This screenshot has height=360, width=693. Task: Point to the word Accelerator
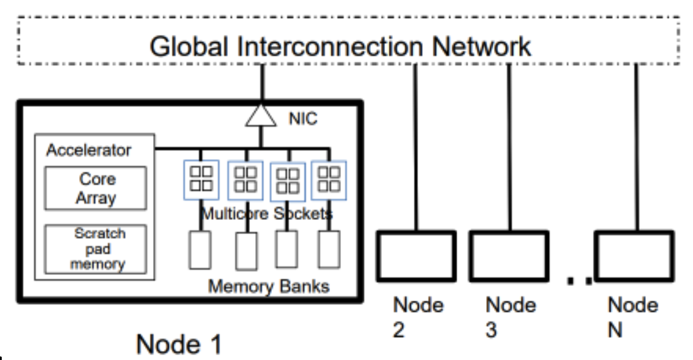pos(89,151)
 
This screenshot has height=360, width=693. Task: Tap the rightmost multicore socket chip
pos(328,179)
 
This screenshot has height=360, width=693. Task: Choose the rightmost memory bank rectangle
pos(328,249)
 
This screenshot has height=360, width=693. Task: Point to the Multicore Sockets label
pos(266,214)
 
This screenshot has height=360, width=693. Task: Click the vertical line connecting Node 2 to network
pos(416,147)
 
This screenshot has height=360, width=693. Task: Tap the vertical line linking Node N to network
pos(636,147)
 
